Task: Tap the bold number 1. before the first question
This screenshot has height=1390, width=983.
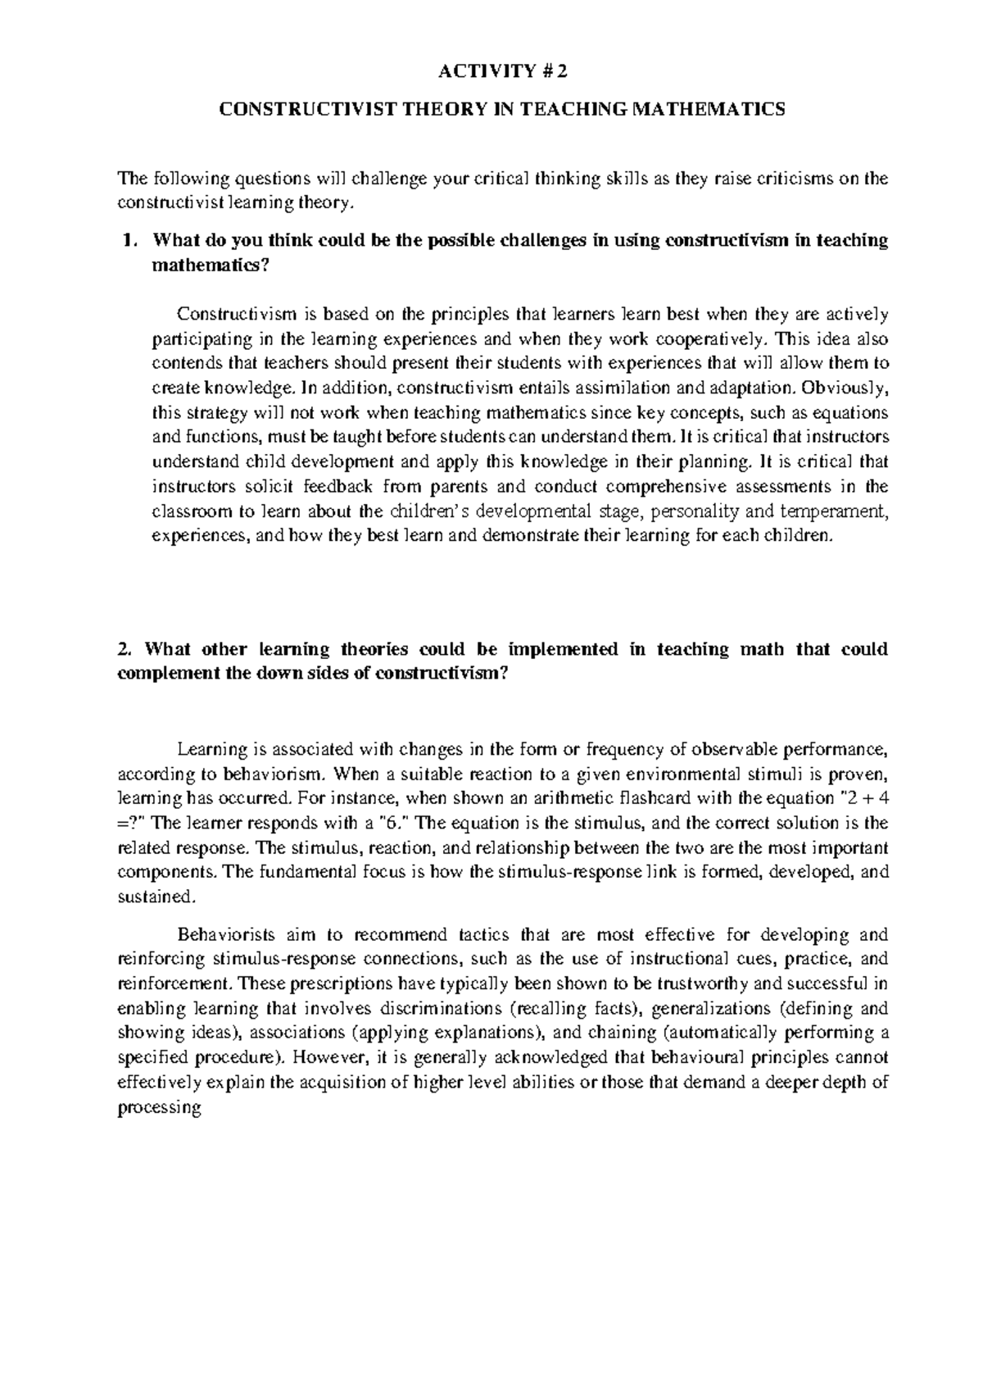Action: (125, 241)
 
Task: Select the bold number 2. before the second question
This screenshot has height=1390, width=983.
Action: (125, 650)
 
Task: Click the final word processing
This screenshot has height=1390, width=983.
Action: (159, 1108)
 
